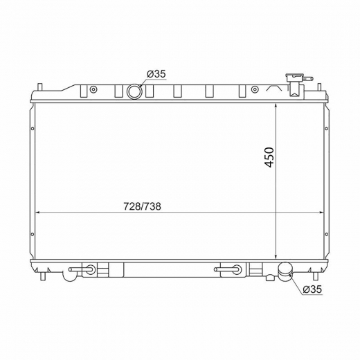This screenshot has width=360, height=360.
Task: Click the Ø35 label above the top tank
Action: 156,74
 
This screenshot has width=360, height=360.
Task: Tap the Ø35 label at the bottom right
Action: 312,289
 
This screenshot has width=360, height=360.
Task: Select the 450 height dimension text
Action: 269,157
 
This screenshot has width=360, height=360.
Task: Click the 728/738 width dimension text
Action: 142,206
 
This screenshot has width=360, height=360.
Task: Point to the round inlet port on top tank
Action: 134,91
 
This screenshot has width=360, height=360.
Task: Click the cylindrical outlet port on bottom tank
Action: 285,271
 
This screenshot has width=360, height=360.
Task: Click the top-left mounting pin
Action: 39,87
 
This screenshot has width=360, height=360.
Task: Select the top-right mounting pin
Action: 320,87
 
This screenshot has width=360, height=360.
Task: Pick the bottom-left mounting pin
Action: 43,276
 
